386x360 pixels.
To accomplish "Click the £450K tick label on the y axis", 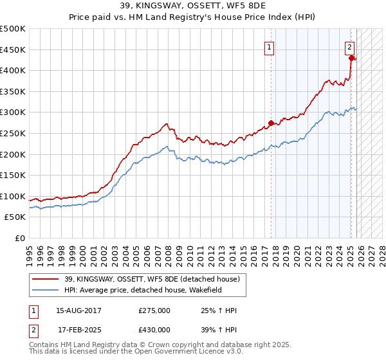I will (13, 50).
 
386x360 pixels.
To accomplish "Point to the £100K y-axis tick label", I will (13, 196).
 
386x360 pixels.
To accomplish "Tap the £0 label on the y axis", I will (20, 239).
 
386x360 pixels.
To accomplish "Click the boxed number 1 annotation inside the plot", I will (268, 46).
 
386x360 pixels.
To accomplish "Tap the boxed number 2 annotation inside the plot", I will (349, 46).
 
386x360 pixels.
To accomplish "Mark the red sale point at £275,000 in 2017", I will (271, 122).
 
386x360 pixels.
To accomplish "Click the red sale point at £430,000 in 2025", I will (351, 57).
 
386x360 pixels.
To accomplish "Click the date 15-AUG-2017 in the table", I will (79, 310).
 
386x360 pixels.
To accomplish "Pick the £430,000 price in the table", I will (154, 330).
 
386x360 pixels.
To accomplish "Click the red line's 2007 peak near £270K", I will (166, 123).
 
